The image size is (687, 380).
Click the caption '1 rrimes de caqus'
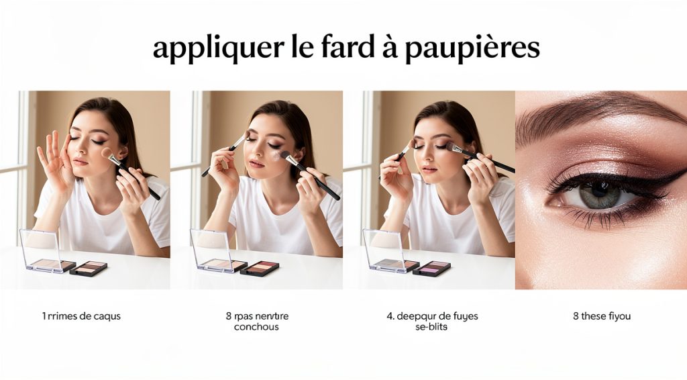click(x=81, y=316)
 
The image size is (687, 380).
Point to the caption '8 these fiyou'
click(x=602, y=316)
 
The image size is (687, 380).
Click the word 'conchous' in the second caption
click(x=257, y=327)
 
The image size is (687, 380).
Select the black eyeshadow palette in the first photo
click(x=89, y=268)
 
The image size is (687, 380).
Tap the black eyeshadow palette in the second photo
click(x=260, y=268)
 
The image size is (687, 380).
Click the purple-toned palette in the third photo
click(x=431, y=268)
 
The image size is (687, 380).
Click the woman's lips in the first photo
click(x=80, y=162)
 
